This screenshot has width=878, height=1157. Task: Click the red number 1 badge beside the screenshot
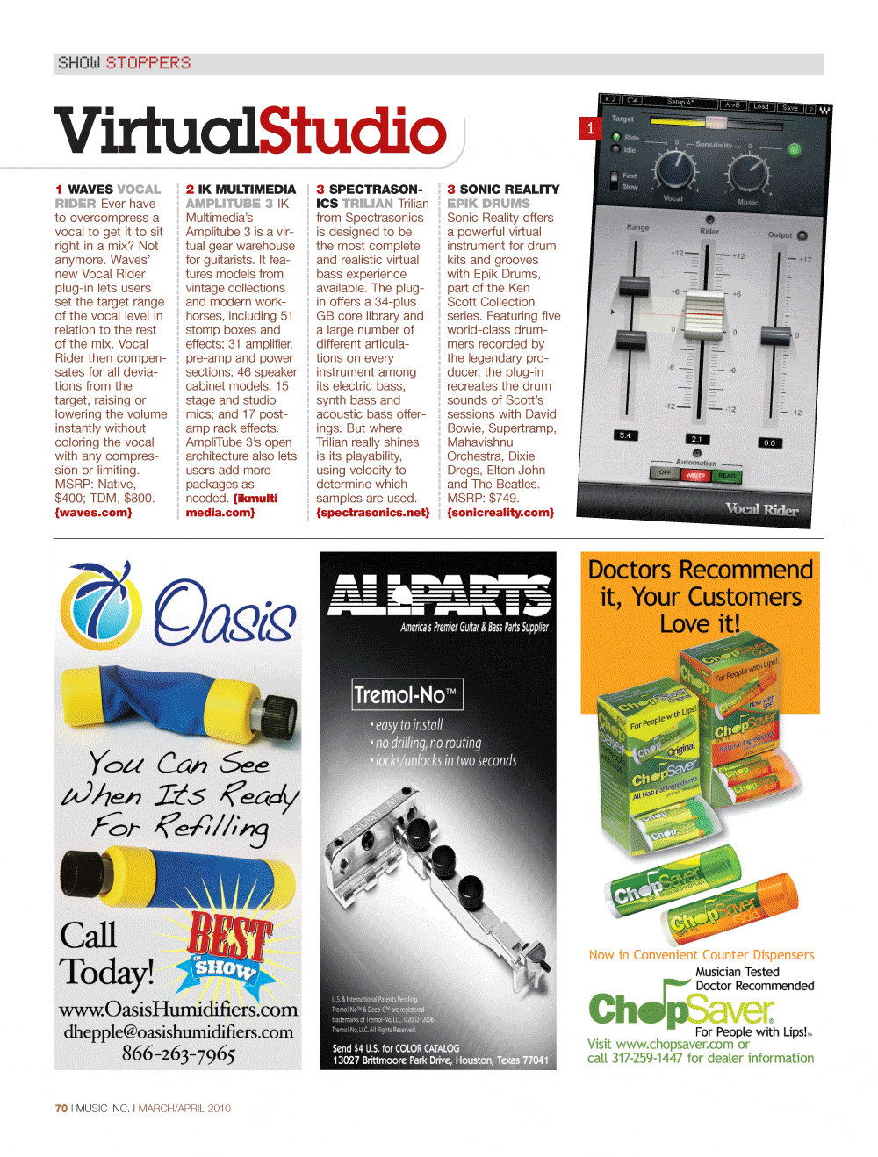590,128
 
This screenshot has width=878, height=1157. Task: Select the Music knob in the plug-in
749,171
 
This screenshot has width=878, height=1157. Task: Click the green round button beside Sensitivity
794,150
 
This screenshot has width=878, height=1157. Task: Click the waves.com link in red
94,513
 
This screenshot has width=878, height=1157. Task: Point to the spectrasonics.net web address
373,513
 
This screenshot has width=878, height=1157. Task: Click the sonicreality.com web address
500,513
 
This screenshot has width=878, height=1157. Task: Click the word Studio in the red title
352,131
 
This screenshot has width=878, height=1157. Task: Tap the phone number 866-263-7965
178,1053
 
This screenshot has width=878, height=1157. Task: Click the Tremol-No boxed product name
407,695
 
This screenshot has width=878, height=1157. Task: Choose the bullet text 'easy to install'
408,725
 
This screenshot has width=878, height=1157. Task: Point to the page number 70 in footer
61,1109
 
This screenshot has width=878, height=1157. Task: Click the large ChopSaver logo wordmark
680,1010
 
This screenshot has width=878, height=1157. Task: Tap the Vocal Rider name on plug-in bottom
761,509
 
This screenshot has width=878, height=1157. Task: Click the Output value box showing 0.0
769,443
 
